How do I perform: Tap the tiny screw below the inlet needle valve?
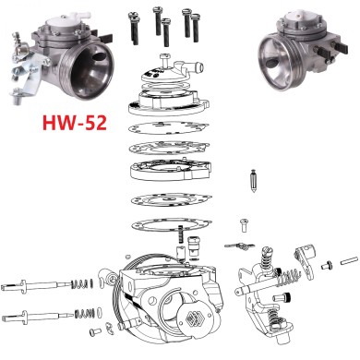pyautogui.click(x=245, y=222)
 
